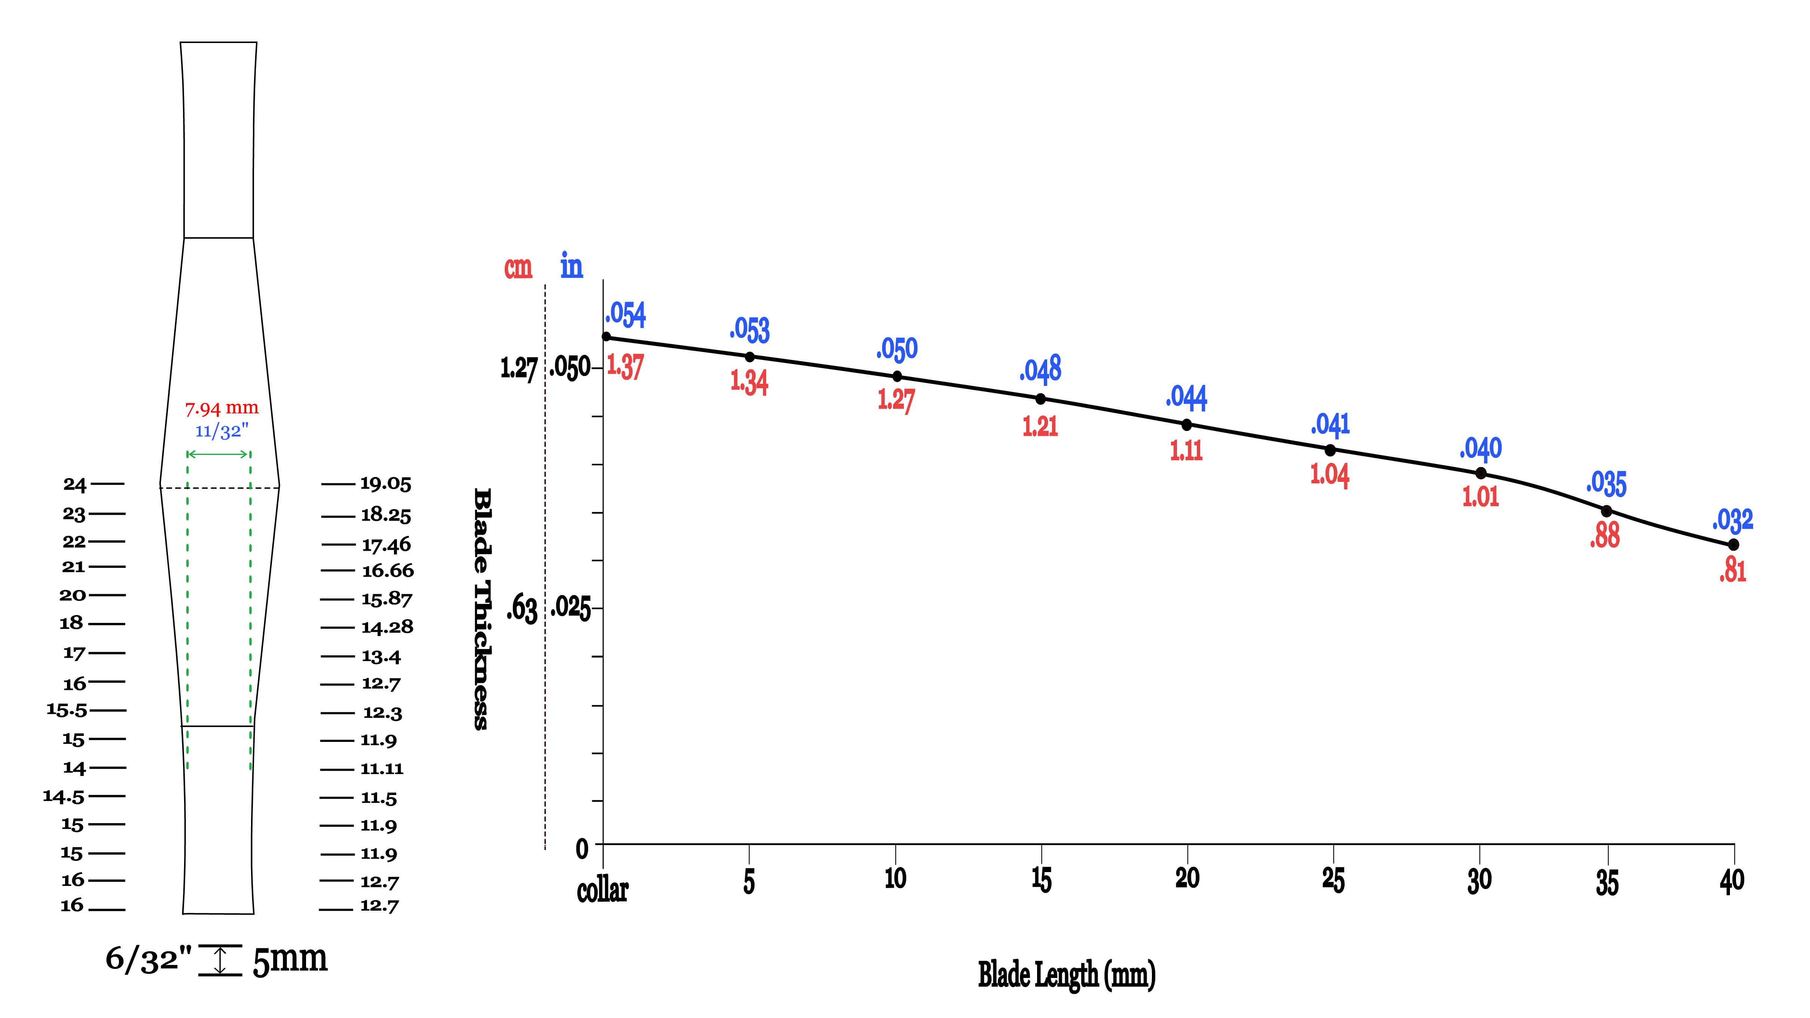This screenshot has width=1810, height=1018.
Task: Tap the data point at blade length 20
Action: [1186, 424]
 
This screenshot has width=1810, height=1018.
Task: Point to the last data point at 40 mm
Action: [1733, 544]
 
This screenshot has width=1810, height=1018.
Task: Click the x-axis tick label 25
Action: [1333, 880]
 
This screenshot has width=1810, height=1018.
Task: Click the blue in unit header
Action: [571, 266]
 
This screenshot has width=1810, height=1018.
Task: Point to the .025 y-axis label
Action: [570, 606]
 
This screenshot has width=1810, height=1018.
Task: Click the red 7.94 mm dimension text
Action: [221, 408]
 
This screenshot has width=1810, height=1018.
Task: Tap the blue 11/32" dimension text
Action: [221, 431]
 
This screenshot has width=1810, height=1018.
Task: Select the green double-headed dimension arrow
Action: [218, 454]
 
